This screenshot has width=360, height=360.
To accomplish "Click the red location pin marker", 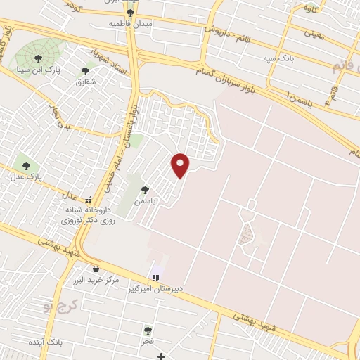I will click(181, 165).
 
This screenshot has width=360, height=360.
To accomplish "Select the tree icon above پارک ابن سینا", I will click(37, 58).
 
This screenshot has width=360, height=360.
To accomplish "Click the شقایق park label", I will click(85, 82).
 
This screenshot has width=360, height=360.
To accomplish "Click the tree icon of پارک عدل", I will click(27, 166).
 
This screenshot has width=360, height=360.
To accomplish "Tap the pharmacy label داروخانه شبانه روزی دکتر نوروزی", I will click(88, 214).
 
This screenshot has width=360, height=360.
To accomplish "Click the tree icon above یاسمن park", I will click(145, 189).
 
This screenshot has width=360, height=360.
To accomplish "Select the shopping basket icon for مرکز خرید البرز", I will click(96, 269).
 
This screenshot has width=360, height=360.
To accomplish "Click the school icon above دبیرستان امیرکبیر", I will click(155, 278).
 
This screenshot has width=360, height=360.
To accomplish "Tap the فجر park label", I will click(147, 340).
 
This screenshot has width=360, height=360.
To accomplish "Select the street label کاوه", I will click(310, 8).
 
